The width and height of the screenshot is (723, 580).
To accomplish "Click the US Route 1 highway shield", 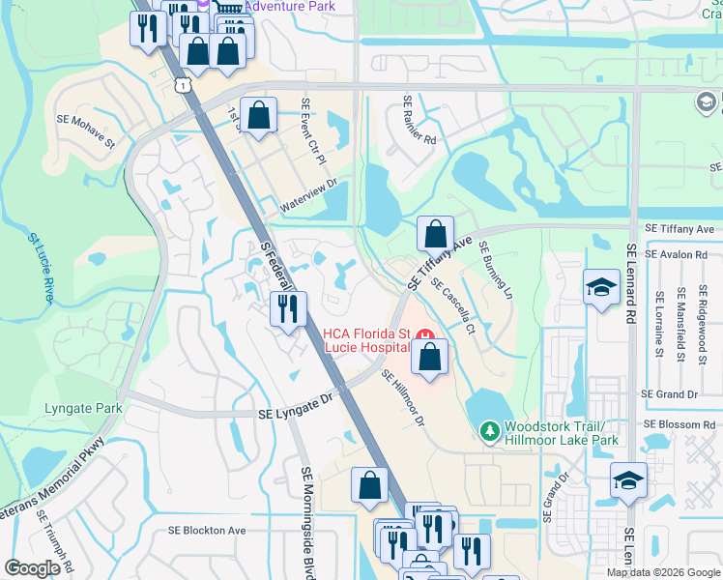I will click(x=183, y=85).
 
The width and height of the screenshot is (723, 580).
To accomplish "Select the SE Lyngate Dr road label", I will click(x=296, y=413).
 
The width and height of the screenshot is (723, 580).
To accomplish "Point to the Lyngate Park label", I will click(x=83, y=408).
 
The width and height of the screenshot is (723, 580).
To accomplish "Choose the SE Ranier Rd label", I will click(x=419, y=126).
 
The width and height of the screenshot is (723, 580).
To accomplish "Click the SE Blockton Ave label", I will click(x=207, y=530).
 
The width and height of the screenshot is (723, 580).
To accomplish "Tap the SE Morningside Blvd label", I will click(x=306, y=522).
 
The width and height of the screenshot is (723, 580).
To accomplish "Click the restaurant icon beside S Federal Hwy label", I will click(x=288, y=309).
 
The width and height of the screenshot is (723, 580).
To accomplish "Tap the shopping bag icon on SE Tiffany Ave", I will click(x=436, y=233).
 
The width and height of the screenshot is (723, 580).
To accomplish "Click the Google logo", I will click(x=33, y=568).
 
